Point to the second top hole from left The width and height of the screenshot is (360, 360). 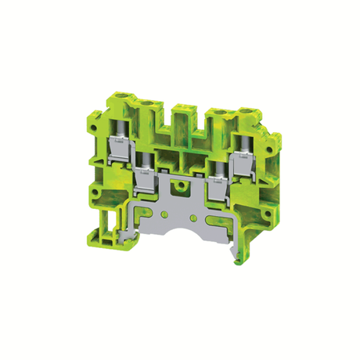pyautogui.click(x=147, y=103)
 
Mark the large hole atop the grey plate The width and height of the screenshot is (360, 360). pyautogui.click(x=182, y=188)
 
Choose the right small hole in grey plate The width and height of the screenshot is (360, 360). pyautogui.click(x=194, y=211)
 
